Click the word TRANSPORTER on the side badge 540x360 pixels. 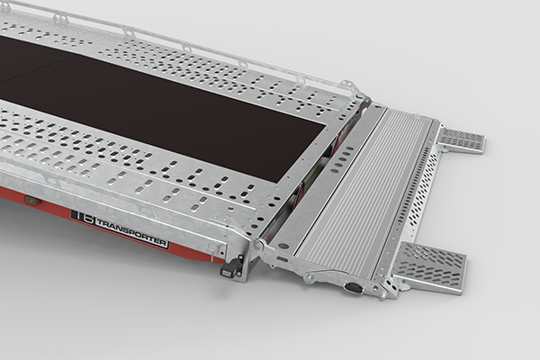(x=131, y=233)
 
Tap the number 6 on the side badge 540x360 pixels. (x=87, y=219)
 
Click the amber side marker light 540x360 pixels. (x=31, y=200)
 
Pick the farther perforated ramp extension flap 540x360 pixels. (x=460, y=139)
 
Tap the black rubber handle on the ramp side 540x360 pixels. (x=353, y=287)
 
